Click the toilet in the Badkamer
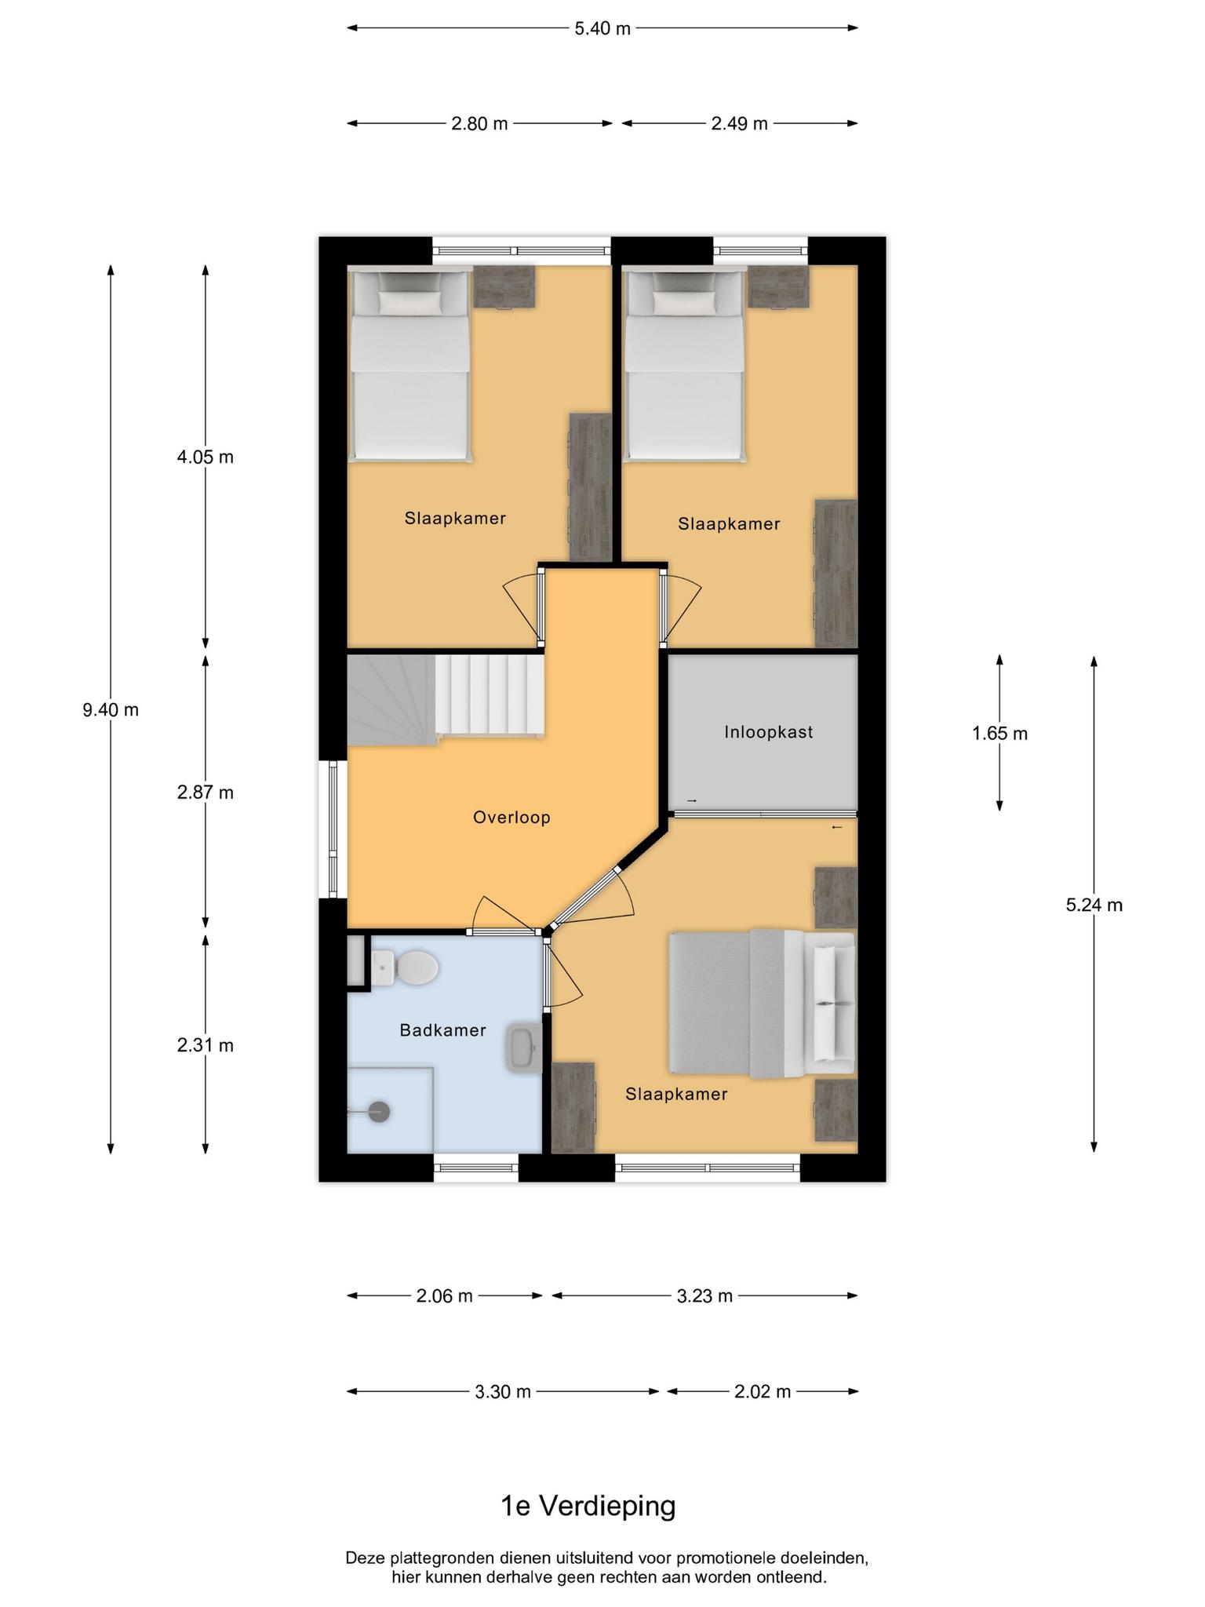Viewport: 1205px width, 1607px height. [404, 967]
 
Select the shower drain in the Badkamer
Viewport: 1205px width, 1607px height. [379, 1111]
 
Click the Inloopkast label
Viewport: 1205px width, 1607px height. [768, 732]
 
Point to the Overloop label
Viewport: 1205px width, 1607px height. [511, 818]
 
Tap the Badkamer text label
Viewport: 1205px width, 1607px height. [442, 1030]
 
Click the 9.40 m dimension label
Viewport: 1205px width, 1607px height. [111, 710]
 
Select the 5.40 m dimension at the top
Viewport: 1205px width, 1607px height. [602, 28]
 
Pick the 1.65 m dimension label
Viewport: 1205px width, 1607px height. [999, 734]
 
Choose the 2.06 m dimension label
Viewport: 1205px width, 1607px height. [445, 1295]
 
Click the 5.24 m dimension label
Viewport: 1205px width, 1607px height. [1094, 905]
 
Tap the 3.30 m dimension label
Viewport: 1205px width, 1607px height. [503, 1391]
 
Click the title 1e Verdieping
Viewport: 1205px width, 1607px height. [588, 1506]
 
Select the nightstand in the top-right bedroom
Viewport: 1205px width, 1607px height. [777, 287]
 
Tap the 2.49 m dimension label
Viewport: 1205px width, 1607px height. [739, 124]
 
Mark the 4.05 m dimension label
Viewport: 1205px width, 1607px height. [206, 457]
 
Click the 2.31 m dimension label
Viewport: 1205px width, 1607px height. [206, 1045]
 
